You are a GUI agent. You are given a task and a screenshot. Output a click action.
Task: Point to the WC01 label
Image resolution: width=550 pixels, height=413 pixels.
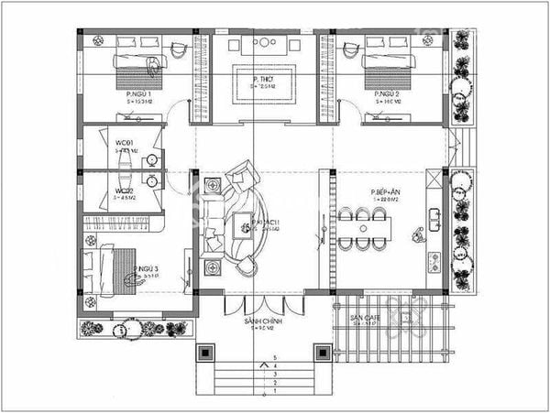(125, 144)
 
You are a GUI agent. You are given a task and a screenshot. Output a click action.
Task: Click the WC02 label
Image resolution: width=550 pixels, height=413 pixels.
(125, 190)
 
